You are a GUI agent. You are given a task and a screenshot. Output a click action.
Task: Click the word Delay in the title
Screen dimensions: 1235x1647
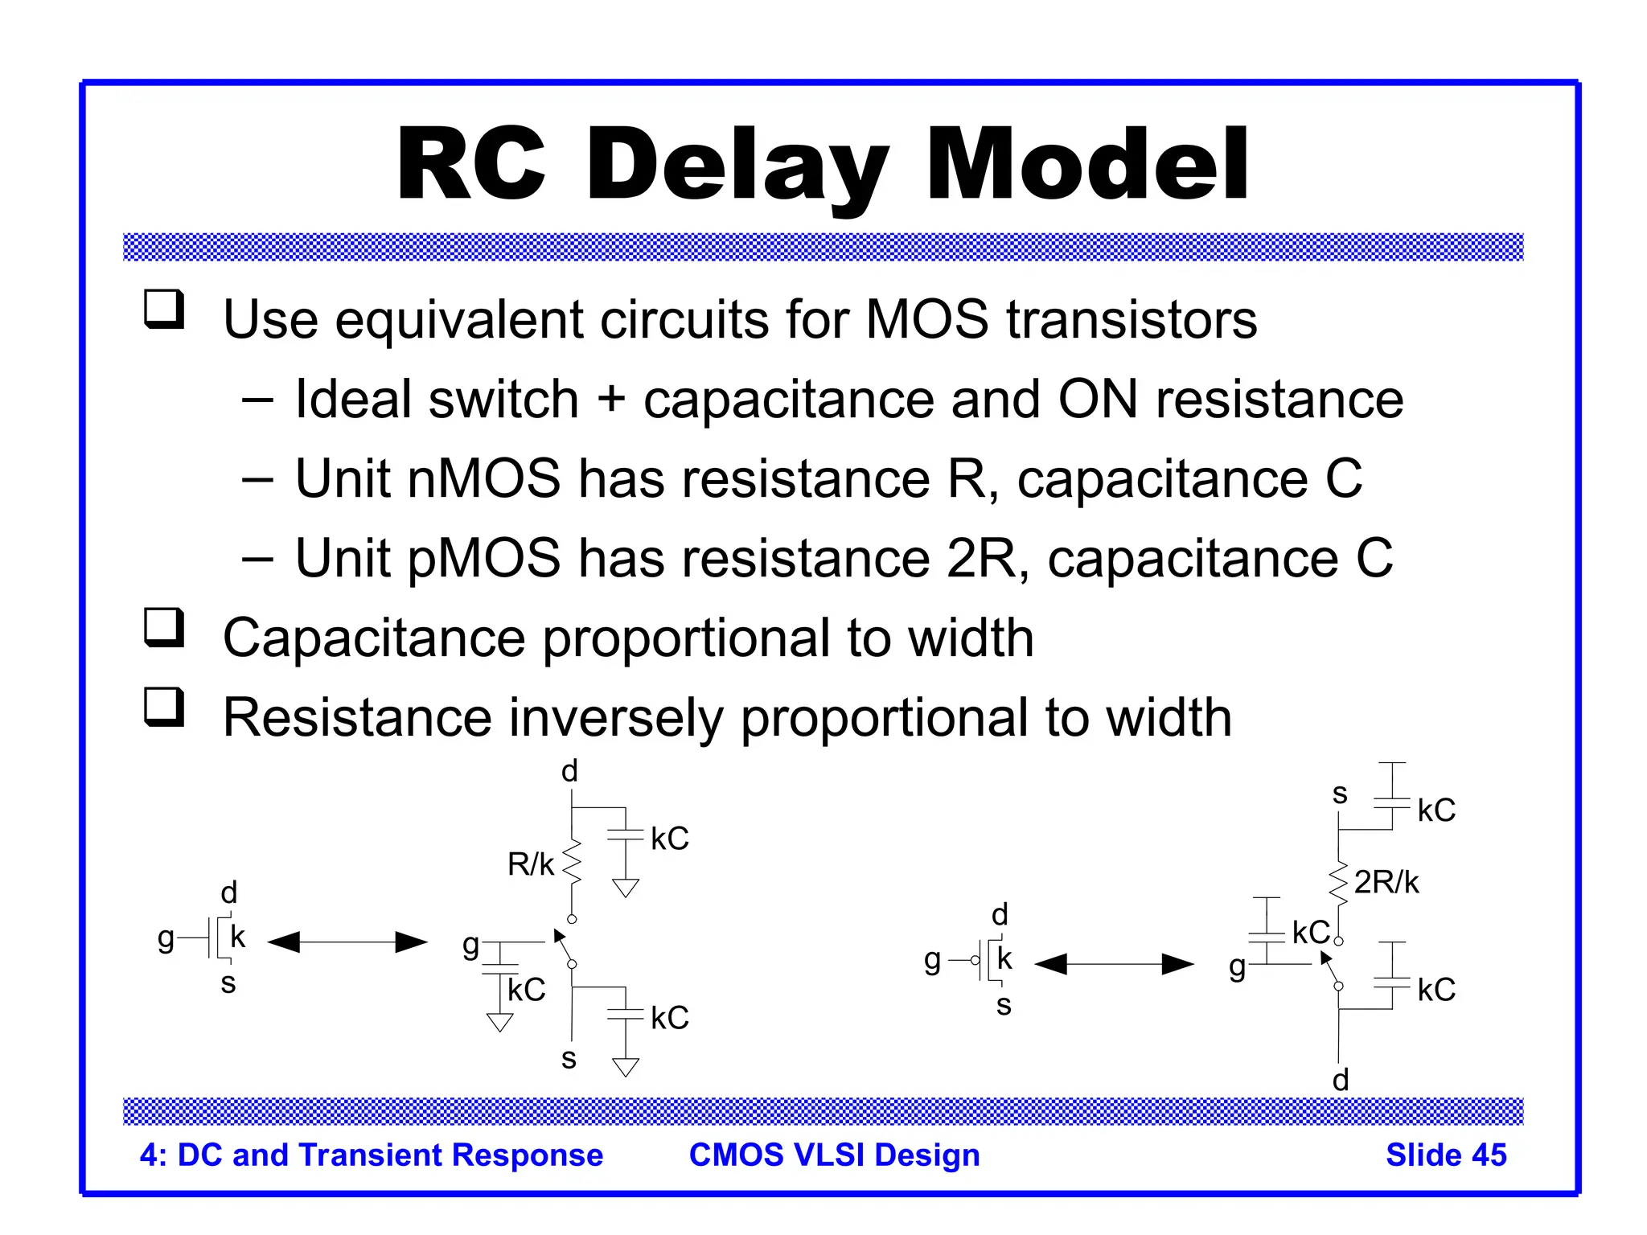coord(738,166)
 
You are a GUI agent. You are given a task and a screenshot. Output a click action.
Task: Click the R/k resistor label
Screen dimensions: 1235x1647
coord(530,865)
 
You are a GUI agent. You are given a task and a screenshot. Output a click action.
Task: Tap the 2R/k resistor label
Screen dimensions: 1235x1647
coord(1386,883)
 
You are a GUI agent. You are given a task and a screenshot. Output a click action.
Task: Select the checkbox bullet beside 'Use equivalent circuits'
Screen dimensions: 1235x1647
coord(164,310)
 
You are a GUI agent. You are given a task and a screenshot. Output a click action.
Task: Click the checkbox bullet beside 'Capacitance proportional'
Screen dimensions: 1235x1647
coord(164,628)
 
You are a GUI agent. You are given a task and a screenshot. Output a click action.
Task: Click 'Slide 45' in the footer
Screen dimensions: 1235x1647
coord(1445,1155)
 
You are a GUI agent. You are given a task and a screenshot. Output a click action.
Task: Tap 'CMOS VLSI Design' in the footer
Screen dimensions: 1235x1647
coord(834,1155)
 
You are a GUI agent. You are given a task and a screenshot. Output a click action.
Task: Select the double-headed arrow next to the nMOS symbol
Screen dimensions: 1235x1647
coord(347,942)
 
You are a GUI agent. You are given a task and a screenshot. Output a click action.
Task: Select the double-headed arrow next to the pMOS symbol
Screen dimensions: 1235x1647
coord(1114,964)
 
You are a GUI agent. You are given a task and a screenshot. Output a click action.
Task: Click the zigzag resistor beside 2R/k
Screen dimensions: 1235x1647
coord(1338,883)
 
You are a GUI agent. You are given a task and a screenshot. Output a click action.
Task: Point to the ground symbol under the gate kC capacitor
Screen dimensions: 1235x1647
coord(499,1022)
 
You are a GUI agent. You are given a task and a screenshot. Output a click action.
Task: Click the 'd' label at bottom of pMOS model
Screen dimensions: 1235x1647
coord(1340,1080)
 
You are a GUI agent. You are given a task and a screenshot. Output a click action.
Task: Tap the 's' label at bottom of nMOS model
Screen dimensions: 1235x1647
coord(569,1058)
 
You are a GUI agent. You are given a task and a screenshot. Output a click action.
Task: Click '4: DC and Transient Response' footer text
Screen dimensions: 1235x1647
coord(371,1155)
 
